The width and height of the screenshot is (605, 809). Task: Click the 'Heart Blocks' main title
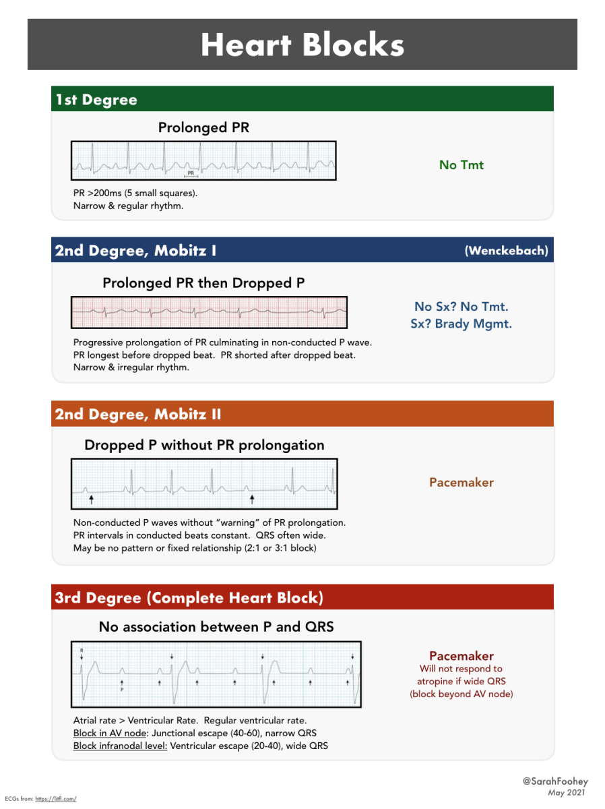pos(302,44)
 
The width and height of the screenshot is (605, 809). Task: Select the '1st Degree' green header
pos(96,100)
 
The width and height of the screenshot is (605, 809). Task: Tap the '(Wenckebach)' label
pos(506,251)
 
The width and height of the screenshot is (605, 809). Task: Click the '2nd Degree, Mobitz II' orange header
pos(138,414)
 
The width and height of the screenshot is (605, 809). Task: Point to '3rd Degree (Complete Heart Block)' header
pos(189,598)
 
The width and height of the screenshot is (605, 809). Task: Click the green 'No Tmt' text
pos(461,165)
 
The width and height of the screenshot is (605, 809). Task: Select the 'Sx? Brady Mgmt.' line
pos(461,324)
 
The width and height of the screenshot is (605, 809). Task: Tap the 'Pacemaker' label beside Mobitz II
pos(461,483)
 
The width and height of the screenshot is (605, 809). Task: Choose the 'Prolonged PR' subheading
pos(203,127)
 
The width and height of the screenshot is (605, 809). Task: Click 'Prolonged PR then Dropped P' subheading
pos(203,283)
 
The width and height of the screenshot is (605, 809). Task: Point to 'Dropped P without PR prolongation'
pos(204,445)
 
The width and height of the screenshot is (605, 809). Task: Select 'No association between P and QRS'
pos(216,627)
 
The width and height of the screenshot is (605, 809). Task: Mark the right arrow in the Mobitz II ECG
pos(252,500)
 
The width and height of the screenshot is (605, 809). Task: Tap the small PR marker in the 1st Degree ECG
pos(191,173)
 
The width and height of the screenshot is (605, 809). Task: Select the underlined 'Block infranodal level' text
pos(120,746)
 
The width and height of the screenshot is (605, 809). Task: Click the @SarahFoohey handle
pos(555,781)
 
